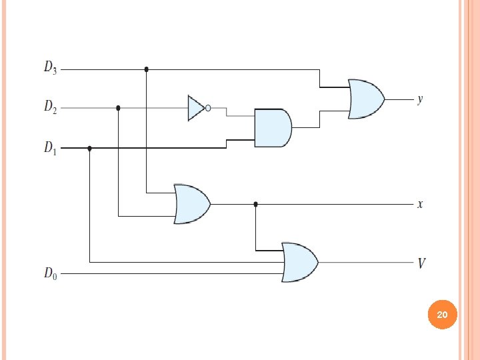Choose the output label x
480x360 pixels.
[x=419, y=204]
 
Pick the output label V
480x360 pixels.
[x=421, y=263]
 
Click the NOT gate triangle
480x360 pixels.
[x=196, y=108]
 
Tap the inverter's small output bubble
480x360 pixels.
[x=208, y=108]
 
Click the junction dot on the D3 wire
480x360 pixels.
[x=147, y=69]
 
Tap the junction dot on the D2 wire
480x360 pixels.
[x=118, y=107]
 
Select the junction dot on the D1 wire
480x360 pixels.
[x=90, y=149]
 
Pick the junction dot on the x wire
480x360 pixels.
[x=255, y=204]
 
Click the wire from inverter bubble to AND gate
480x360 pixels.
[x=227, y=112]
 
